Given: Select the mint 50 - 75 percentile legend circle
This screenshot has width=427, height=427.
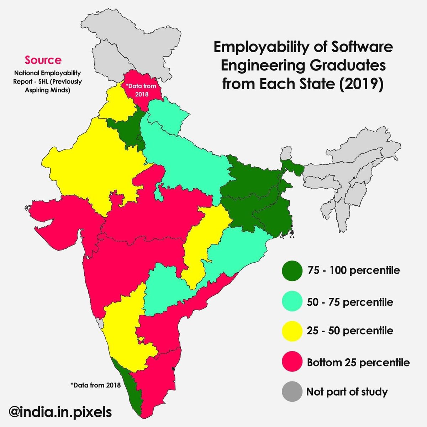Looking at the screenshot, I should click(292, 302).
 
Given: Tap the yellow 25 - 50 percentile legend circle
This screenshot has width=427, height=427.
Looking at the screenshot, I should click(292, 331).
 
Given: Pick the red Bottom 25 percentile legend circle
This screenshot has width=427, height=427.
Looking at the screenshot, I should click(292, 362).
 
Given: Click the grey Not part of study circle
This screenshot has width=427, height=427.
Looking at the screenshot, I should click(292, 392).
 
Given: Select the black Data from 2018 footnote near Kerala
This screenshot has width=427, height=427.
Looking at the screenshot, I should click(95, 385).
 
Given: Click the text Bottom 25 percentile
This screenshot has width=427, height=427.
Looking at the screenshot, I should click(358, 363).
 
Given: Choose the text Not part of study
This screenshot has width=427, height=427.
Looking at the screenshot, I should click(347, 392).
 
